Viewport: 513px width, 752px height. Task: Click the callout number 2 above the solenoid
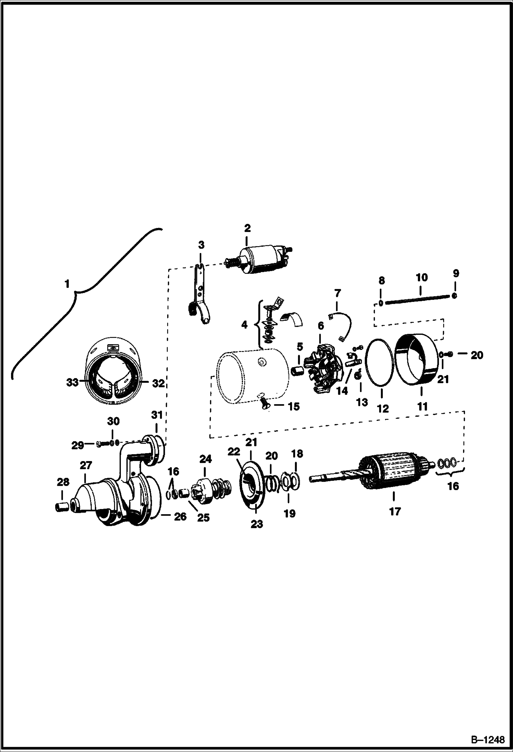(247, 228)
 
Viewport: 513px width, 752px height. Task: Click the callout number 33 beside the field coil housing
(72, 383)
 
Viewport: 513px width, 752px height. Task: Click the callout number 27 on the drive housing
(86, 465)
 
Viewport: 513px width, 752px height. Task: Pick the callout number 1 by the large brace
(67, 284)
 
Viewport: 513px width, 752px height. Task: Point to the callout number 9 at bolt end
(455, 274)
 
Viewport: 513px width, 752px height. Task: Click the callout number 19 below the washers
(289, 513)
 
